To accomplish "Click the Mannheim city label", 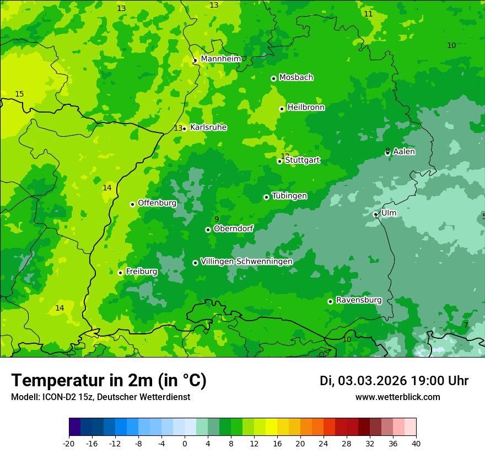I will pyautogui.click(x=220, y=58).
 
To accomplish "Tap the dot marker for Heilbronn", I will pyautogui.click(x=282, y=109).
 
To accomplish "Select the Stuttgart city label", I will pyautogui.click(x=302, y=160).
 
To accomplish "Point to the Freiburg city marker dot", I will pyautogui.click(x=120, y=273).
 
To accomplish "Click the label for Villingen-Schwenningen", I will pyautogui.click(x=246, y=261).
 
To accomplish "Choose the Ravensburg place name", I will pyautogui.click(x=358, y=300).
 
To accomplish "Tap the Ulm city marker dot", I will pyautogui.click(x=375, y=214).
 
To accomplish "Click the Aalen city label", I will pyautogui.click(x=404, y=151).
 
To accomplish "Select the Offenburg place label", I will pyautogui.click(x=157, y=203).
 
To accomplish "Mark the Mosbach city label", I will pyautogui.click(x=296, y=77).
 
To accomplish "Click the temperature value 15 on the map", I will pyautogui.click(x=19, y=94).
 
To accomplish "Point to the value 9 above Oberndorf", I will pyautogui.click(x=217, y=220).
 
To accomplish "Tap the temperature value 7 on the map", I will pyautogui.click(x=465, y=326).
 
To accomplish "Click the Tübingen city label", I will pyautogui.click(x=289, y=196).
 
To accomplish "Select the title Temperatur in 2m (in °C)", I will pyautogui.click(x=109, y=380).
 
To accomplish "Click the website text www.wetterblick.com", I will pyautogui.click(x=397, y=397).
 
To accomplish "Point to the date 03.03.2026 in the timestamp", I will pyautogui.click(x=372, y=381).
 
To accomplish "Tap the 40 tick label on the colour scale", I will pyautogui.click(x=416, y=443).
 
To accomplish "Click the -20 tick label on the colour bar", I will pyautogui.click(x=68, y=443).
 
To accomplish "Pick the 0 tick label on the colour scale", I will pyautogui.click(x=185, y=443).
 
